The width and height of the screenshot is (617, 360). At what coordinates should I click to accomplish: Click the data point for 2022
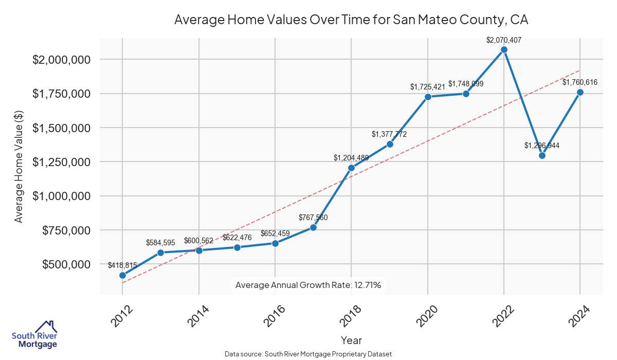(x=504, y=49)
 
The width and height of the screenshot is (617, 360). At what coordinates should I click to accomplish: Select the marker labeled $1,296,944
(x=542, y=155)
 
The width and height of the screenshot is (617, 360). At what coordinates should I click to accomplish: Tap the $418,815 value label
(x=122, y=265)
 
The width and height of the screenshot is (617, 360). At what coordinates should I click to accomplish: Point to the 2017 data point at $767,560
(x=313, y=227)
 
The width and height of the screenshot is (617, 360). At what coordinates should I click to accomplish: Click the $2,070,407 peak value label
(x=504, y=39)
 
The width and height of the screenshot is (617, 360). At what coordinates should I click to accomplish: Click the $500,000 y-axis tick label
(x=66, y=264)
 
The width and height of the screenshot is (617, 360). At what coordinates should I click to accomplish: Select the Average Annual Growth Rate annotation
(x=308, y=285)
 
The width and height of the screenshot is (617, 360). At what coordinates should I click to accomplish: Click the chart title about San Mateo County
(x=351, y=20)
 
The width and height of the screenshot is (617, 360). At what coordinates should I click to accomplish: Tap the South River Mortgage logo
(x=34, y=335)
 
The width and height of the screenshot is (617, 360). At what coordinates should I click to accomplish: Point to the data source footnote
(x=308, y=354)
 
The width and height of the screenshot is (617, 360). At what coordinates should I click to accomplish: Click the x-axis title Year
(x=351, y=340)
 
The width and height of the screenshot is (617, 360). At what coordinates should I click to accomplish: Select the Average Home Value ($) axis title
(x=19, y=161)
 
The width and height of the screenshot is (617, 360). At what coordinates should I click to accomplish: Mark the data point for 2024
(x=580, y=93)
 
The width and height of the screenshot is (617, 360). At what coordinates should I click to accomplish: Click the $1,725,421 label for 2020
(x=428, y=87)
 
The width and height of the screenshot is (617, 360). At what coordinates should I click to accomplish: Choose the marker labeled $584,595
(x=160, y=253)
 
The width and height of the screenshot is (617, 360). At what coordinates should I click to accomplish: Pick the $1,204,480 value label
(x=351, y=158)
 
